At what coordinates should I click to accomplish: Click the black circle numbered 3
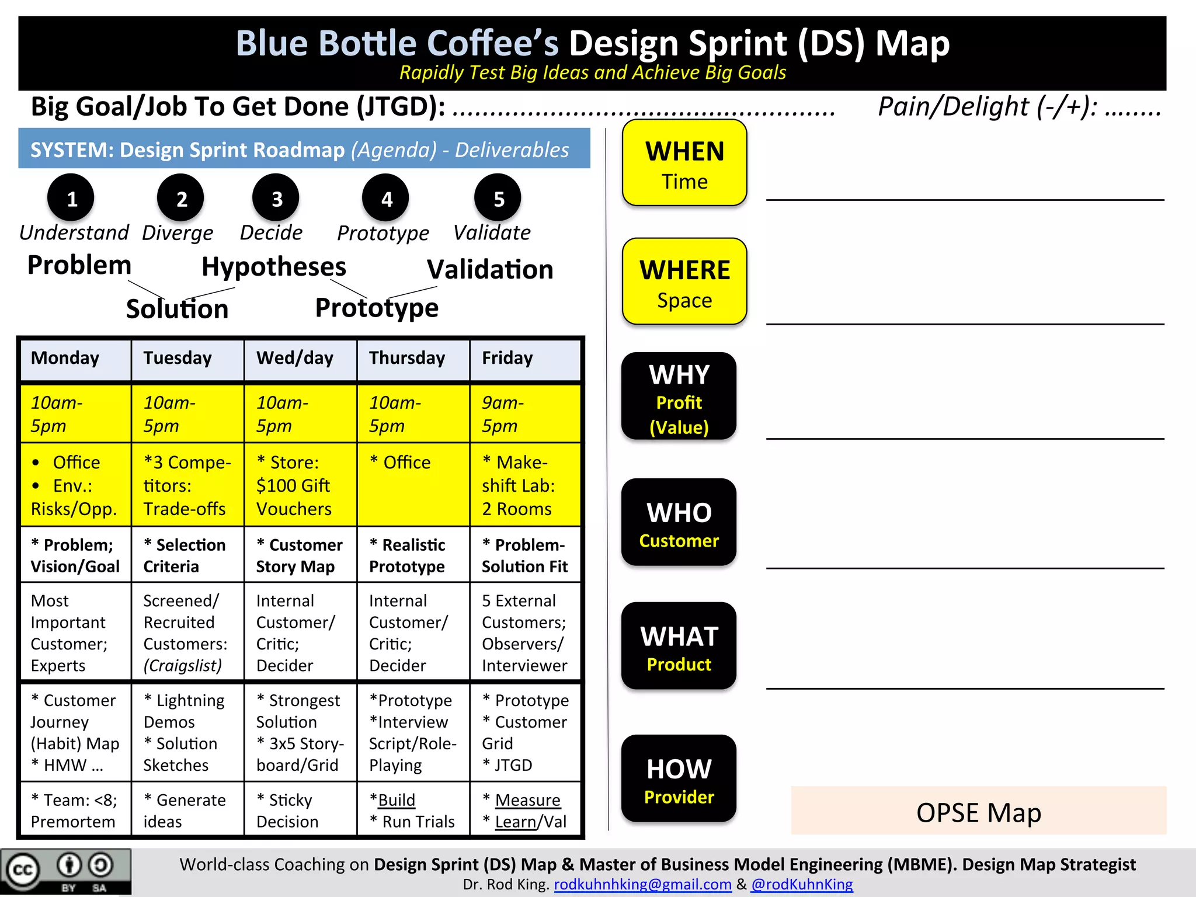pos(276,198)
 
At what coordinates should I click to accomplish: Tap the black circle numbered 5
pos(498,198)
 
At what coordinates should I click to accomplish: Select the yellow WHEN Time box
pos(684,164)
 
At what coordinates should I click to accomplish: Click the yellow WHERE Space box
pos(684,281)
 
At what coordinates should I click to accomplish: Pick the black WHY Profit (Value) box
pos(679,397)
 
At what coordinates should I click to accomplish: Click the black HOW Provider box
pos(679,779)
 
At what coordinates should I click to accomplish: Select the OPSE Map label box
pos(978,811)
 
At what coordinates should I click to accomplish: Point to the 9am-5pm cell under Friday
pos(524,413)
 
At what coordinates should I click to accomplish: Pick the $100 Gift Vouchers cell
pos(300,485)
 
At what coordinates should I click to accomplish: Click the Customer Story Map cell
pos(300,555)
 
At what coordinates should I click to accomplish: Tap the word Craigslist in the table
pos(183,666)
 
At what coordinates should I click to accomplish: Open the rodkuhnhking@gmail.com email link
pos(642,884)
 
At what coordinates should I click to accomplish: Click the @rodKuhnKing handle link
pos(802,884)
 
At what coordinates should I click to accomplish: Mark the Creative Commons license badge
pos(65,871)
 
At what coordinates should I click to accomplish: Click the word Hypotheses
pos(274,267)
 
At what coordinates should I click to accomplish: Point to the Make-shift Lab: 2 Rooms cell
pos(524,485)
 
